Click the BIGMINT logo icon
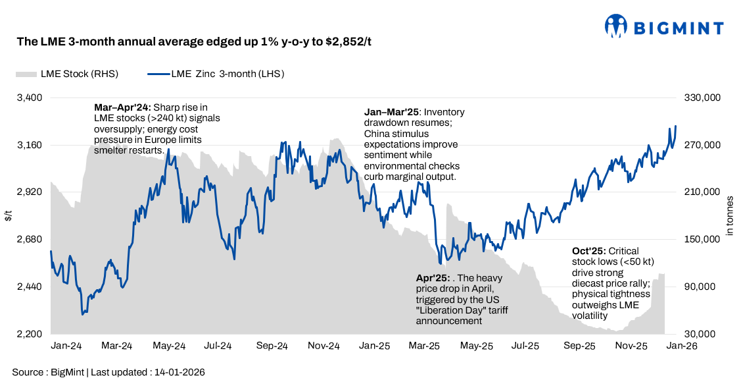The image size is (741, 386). point(616,27)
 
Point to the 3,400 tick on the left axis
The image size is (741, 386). point(29,97)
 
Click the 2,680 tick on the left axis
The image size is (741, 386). point(29,240)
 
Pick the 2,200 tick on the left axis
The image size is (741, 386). point(29,335)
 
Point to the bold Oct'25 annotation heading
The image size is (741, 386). point(588,251)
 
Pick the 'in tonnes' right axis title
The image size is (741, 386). point(729,216)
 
